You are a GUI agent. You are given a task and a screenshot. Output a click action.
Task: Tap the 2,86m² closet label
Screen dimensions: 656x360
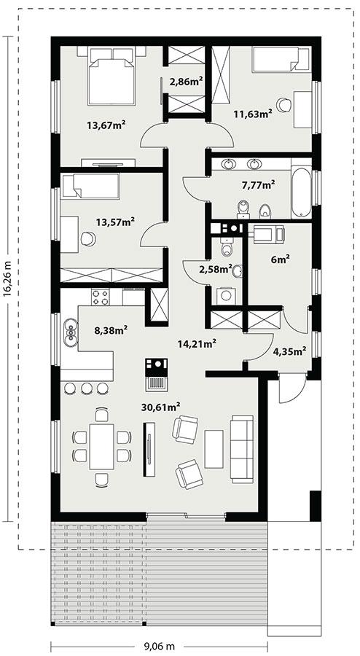point(185,82)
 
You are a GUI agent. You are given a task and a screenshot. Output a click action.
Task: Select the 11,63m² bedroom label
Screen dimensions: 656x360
point(253,114)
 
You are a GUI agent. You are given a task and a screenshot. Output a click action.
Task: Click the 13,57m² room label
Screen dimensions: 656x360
point(116,222)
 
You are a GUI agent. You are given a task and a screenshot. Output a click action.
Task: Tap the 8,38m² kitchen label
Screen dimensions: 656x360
point(109,329)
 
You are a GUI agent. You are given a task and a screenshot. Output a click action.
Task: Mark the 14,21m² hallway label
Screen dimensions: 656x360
point(197,342)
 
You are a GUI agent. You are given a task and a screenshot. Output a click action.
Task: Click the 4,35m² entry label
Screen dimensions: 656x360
point(289,350)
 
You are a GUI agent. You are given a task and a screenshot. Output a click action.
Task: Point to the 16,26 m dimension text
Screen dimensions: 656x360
point(7,280)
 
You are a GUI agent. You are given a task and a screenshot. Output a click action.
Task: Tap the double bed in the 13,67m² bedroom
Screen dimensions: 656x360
point(111,76)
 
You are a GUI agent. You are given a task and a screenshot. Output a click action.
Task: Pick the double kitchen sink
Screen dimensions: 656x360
point(71,332)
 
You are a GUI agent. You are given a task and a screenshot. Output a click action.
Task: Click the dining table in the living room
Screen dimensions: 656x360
point(101,446)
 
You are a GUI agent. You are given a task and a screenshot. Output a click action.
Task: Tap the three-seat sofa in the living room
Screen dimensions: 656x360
point(241,448)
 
